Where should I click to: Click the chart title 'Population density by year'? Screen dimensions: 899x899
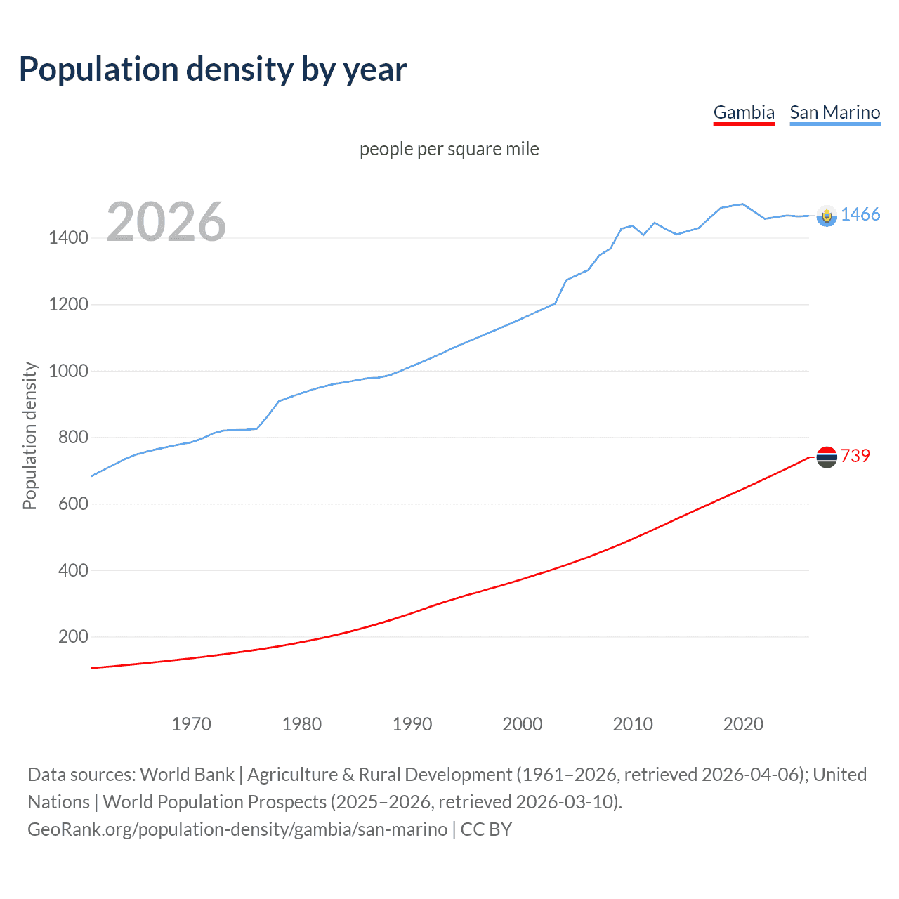point(213,70)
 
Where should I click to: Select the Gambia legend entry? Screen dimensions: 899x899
point(744,112)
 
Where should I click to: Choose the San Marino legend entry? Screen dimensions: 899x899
point(834,112)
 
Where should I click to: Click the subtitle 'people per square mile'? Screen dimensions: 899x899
point(449,149)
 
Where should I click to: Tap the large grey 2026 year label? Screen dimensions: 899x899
point(166,222)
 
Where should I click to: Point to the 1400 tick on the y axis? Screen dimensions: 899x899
point(68,238)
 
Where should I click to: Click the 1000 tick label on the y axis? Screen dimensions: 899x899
point(68,371)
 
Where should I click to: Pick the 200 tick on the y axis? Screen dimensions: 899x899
point(73,637)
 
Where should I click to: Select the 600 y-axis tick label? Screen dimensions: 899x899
point(73,504)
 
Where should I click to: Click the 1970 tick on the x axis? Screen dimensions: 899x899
point(191,724)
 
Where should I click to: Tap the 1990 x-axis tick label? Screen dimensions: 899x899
point(412,724)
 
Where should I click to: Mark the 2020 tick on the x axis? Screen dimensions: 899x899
point(743,724)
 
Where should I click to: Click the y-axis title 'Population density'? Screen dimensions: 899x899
point(29,435)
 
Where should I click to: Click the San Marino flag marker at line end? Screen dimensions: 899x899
point(827,216)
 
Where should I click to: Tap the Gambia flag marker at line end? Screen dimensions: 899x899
point(827,457)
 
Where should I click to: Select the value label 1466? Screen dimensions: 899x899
point(860,215)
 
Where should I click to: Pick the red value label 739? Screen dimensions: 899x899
point(855,457)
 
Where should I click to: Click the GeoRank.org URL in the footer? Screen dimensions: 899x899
point(237,829)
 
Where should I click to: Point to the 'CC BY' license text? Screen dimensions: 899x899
point(486,829)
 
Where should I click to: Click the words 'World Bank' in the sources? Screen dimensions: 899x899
point(187,775)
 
